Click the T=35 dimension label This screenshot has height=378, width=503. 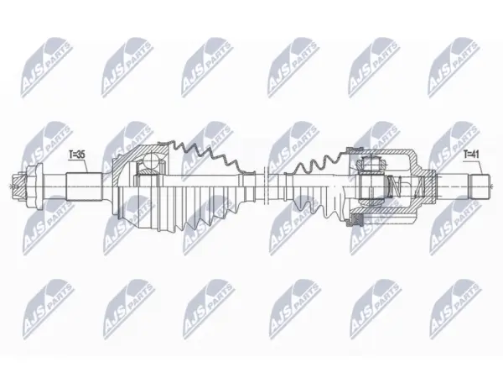[x=76, y=155]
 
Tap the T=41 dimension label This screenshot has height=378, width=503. [x=471, y=155]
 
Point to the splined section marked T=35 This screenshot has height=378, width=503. [x=84, y=187]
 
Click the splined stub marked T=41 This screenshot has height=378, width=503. [x=480, y=186]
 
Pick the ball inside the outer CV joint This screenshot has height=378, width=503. [x=152, y=161]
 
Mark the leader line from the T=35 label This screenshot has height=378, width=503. [x=85, y=166]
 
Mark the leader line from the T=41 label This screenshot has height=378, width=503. [x=480, y=166]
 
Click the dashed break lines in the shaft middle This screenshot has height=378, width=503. [x=265, y=186]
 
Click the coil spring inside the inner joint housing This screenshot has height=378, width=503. [x=393, y=186]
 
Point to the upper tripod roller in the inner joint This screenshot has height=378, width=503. [x=371, y=163]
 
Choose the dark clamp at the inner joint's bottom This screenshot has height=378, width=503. [x=356, y=219]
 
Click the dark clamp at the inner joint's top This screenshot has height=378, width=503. [x=355, y=149]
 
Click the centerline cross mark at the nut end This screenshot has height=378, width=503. [x=12, y=186]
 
